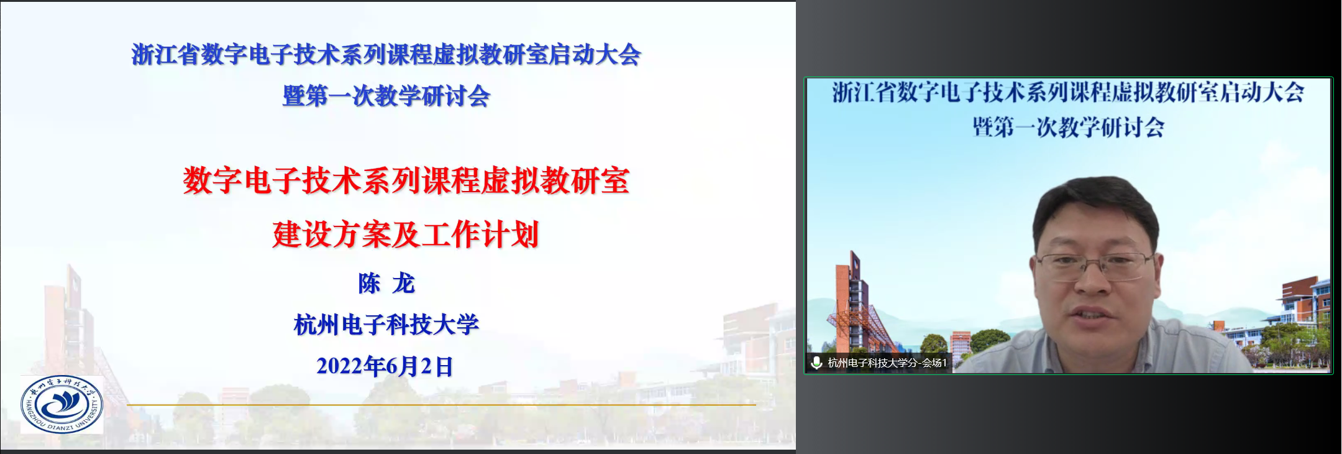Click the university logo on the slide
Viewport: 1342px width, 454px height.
click(62, 404)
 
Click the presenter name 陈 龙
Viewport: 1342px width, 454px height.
click(386, 284)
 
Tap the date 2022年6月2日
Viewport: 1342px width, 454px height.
click(385, 366)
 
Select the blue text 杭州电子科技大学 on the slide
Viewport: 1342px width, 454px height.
click(386, 325)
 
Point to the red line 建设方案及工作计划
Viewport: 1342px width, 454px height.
click(405, 234)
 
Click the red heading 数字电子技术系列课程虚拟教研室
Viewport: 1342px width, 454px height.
click(406, 181)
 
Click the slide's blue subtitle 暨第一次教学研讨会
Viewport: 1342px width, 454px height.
click(386, 96)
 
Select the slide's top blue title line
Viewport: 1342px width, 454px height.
click(386, 55)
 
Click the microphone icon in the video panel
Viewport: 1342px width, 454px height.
click(816, 363)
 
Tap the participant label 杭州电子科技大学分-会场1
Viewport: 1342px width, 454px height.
click(887, 363)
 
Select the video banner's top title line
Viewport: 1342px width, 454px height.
click(1068, 93)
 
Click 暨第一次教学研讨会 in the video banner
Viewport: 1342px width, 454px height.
click(1068, 127)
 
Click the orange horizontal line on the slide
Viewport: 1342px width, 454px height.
click(441, 405)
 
